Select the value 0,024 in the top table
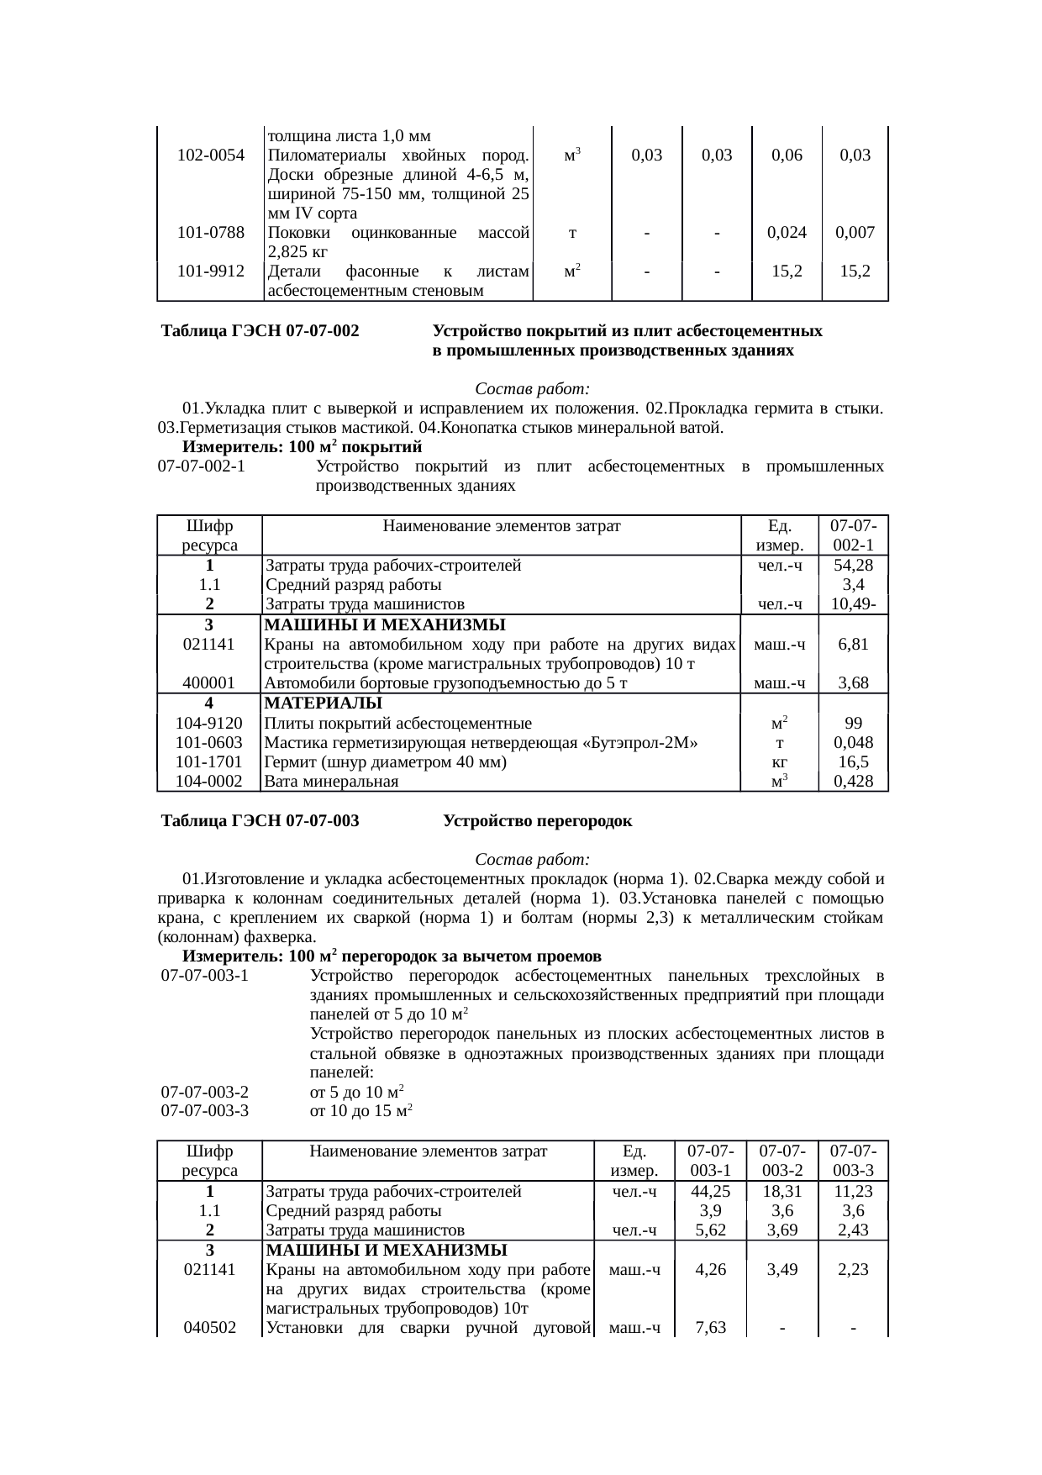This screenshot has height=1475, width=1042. pyautogui.click(x=786, y=233)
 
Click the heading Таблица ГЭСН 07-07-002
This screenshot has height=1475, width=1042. pyautogui.click(x=260, y=332)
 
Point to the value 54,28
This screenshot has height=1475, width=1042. pyautogui.click(x=853, y=566)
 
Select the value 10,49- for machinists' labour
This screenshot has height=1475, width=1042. pyautogui.click(x=853, y=604)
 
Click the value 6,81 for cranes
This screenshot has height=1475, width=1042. pyautogui.click(x=853, y=645)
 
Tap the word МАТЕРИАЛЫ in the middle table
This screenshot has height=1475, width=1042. pyautogui.click(x=324, y=703)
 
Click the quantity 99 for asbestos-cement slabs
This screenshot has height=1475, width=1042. pyautogui.click(x=853, y=724)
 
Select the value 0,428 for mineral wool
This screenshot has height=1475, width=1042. pyautogui.click(x=853, y=782)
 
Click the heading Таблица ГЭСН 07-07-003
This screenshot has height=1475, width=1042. pyautogui.click(x=260, y=821)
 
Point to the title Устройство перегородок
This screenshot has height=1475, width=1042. pyautogui.click(x=537, y=821)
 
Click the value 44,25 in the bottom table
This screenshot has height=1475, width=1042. pyautogui.click(x=710, y=1192)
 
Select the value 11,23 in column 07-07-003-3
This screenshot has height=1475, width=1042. pyautogui.click(x=853, y=1192)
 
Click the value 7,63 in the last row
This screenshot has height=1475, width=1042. pyautogui.click(x=710, y=1329)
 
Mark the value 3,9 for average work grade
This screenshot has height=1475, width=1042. pyautogui.click(x=710, y=1211)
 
